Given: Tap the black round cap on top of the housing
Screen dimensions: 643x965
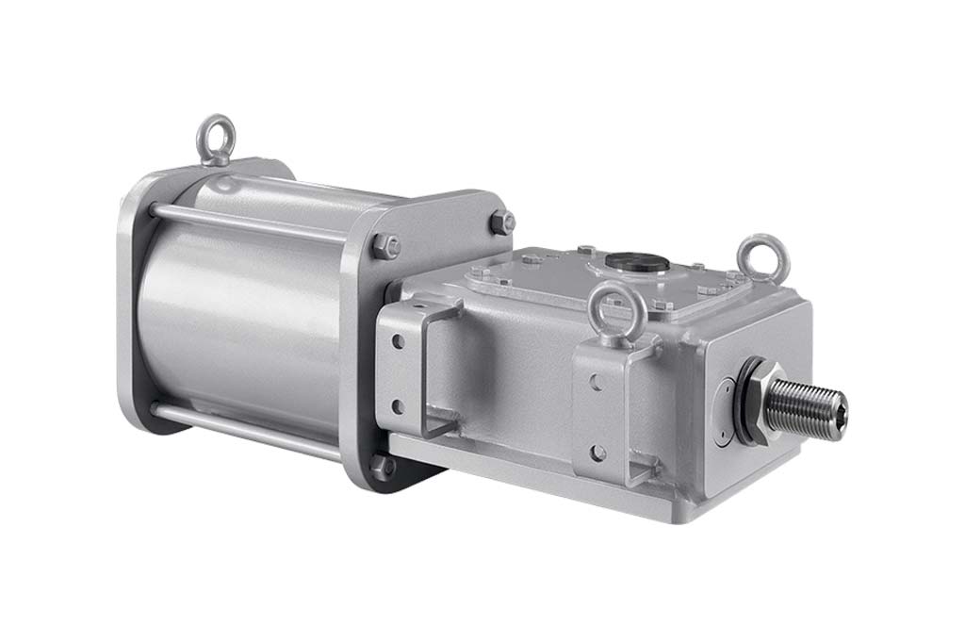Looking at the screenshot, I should click(626, 259).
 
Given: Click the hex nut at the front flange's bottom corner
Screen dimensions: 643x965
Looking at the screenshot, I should click(384, 466).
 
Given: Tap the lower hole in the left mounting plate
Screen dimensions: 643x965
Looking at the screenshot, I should click(397, 407).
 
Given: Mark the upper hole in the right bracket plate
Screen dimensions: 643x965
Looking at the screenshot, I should click(596, 381).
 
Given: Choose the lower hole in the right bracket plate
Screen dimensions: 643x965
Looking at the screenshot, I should click(595, 450).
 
